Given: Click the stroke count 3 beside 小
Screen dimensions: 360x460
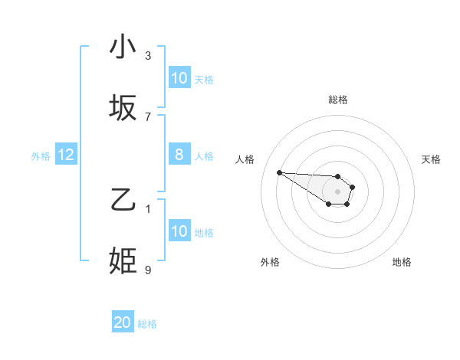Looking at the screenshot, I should (x=148, y=55).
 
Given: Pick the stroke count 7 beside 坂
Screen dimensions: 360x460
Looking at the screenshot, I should (x=148, y=116).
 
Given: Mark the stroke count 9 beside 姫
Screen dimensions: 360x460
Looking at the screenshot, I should (x=148, y=270).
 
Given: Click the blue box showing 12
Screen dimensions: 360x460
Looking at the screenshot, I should (x=65, y=155).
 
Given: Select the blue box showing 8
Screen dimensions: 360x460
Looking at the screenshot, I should (x=179, y=155).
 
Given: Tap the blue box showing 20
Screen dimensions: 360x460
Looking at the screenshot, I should (x=123, y=322).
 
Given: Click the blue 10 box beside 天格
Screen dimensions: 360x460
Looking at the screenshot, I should (x=179, y=78).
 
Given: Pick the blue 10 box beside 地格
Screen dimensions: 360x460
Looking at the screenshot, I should (x=179, y=231).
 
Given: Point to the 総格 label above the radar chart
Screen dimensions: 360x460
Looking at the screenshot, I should (x=338, y=100).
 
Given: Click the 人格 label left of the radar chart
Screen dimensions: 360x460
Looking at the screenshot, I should (x=245, y=159).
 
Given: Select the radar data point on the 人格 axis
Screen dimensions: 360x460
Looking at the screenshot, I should (x=279, y=172).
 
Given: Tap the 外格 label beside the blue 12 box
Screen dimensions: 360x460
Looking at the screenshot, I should (x=41, y=156).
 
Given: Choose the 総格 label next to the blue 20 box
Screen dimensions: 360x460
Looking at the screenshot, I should (x=148, y=324).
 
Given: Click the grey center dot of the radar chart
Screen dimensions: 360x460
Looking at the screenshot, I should (x=338, y=191).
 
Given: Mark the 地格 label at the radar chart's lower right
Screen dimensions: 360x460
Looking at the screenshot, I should (x=402, y=262).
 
